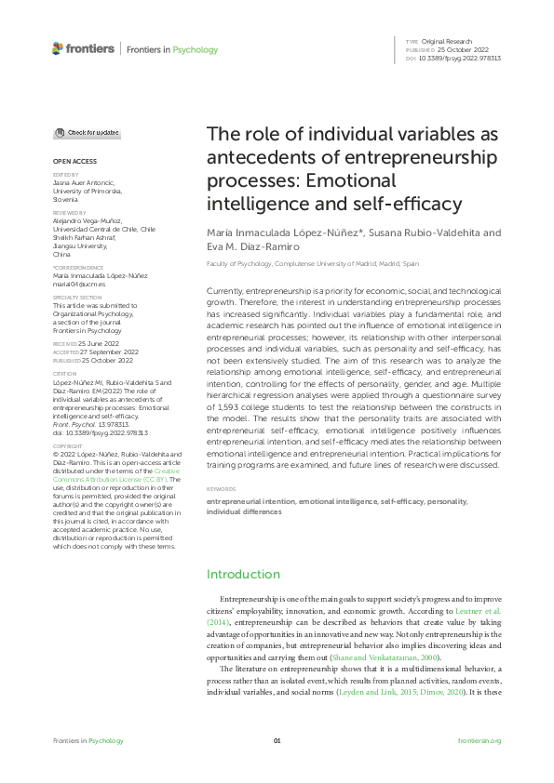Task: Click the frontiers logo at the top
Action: [83, 48]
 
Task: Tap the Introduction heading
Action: [243, 574]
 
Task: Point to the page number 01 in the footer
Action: [277, 740]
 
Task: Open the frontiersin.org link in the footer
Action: [480, 740]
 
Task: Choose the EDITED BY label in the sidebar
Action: [65, 174]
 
